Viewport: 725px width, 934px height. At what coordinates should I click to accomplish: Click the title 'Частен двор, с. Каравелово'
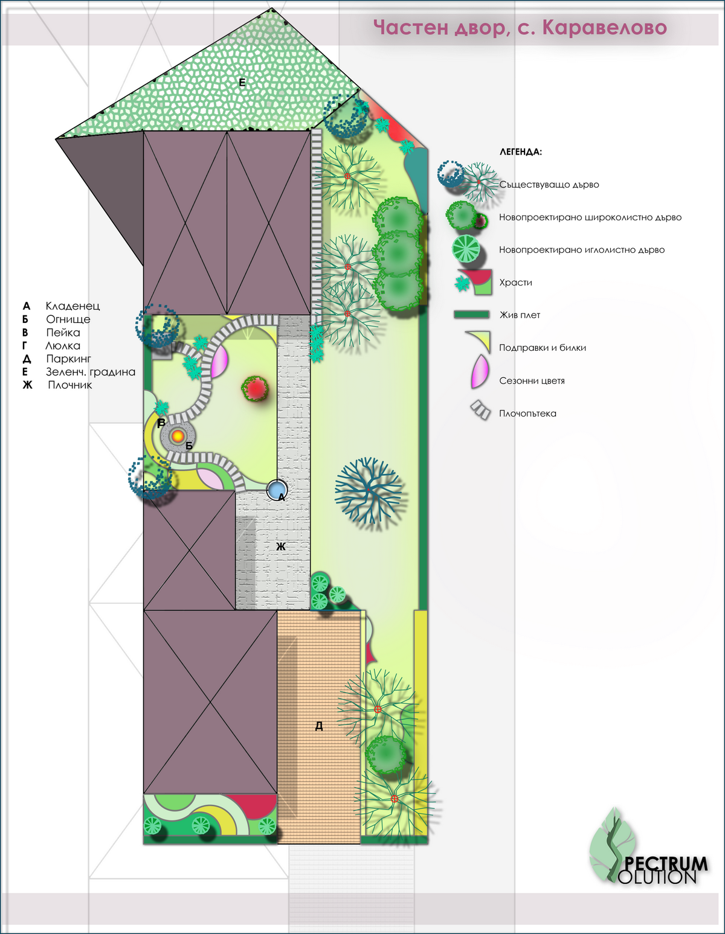click(520, 28)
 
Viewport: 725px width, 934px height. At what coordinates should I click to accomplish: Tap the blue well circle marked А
click(277, 489)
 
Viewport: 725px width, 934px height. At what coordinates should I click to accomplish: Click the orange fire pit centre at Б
click(178, 435)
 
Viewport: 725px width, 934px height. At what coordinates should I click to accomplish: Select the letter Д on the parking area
click(319, 726)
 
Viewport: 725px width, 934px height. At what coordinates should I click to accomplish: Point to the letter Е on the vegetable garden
click(242, 83)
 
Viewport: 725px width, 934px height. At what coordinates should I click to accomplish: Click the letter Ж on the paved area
click(281, 546)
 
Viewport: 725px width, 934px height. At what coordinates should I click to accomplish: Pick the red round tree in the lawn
click(256, 388)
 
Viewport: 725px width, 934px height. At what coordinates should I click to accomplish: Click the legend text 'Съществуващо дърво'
click(549, 185)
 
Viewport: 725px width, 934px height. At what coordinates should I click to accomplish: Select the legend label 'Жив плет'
click(520, 315)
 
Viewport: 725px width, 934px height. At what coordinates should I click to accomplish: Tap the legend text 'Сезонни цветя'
click(532, 381)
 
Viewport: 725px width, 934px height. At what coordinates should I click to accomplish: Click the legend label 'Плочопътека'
click(527, 414)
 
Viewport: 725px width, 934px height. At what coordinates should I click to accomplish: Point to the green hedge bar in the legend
click(471, 315)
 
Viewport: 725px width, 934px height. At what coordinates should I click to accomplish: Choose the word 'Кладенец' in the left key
click(72, 306)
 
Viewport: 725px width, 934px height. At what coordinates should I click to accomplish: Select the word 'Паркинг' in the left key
click(68, 359)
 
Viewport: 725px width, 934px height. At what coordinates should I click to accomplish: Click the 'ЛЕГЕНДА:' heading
click(521, 152)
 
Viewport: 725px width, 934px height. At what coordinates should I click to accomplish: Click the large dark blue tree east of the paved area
click(368, 490)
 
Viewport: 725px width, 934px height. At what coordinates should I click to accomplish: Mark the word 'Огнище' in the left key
click(68, 319)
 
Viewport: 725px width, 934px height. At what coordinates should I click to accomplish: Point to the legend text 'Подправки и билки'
click(542, 348)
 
